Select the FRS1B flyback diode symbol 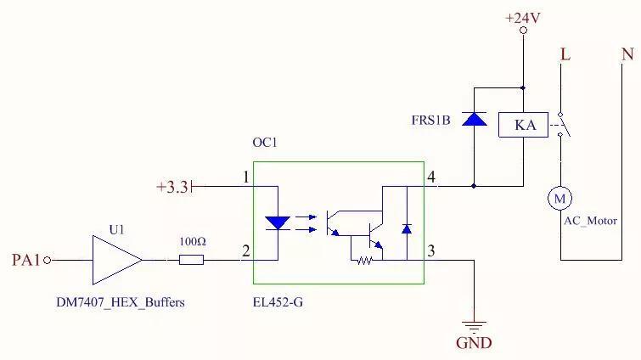pos(474,118)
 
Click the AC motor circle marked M pos(559,198)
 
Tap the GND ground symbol pos(474,326)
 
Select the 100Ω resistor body pos(191,260)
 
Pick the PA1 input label pos(25,260)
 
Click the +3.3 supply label pos(173,186)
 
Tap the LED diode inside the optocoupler pos(278,223)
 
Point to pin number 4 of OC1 pos(431,177)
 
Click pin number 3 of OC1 pos(431,250)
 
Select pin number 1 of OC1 pos(245,177)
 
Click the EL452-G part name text pos(278,301)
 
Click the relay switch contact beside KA pos(563,126)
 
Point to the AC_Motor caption pos(591,219)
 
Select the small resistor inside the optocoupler pos(364,260)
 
